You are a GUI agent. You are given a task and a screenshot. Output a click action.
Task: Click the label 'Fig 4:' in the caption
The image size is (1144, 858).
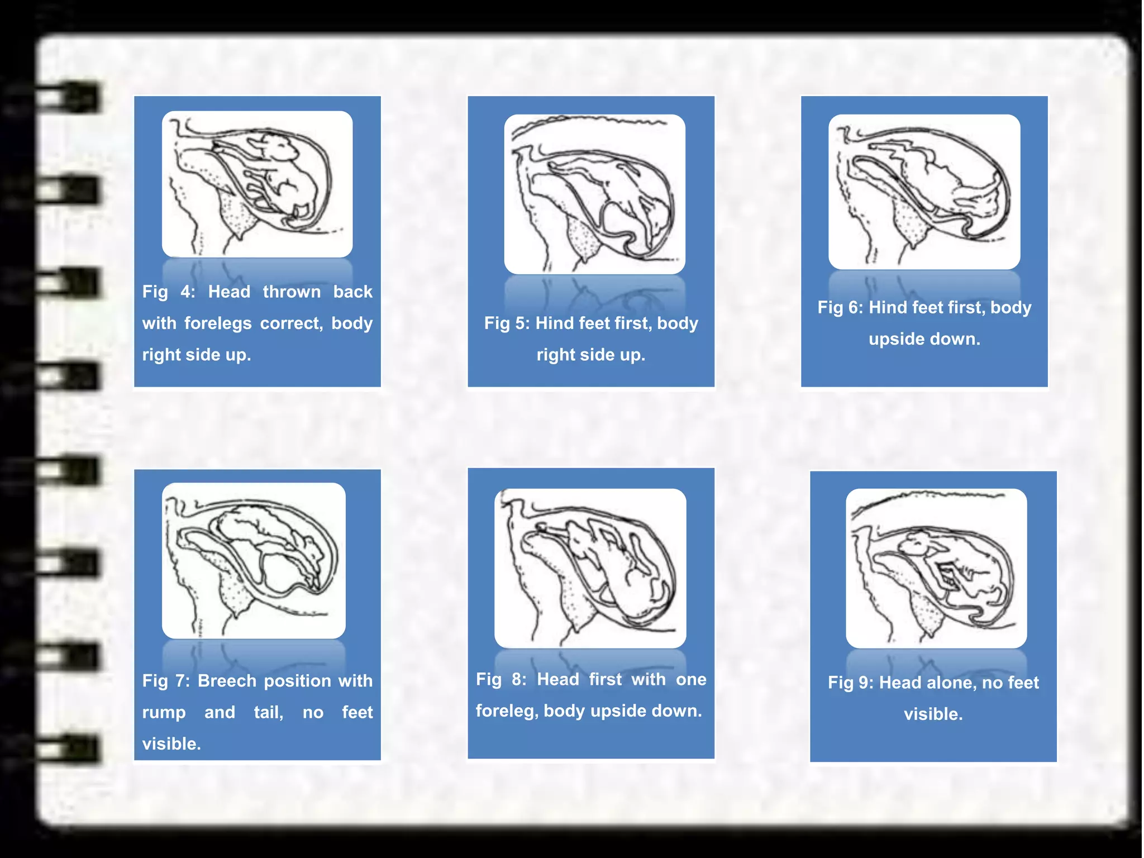168,292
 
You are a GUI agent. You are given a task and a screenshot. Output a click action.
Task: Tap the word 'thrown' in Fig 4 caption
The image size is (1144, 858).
292,292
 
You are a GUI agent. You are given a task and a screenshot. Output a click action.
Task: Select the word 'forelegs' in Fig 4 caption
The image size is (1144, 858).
218,323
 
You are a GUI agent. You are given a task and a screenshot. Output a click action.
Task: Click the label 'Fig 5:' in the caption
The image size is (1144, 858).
507,323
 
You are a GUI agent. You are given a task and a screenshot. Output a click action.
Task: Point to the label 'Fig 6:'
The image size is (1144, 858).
840,307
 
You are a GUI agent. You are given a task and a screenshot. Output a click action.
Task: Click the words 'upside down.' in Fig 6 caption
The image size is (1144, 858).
924,339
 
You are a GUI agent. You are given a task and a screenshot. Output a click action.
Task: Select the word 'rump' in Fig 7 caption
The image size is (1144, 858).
164,712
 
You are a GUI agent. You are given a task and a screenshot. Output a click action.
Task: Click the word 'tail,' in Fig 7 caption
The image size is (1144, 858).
269,712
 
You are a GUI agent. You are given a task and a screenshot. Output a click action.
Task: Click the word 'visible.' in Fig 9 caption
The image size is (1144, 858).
933,714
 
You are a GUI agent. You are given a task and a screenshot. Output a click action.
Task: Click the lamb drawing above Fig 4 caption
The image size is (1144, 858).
257,184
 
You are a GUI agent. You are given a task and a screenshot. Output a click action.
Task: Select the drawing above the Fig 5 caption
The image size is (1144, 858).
594,194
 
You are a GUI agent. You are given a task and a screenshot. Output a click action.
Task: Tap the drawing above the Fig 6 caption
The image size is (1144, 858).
924,192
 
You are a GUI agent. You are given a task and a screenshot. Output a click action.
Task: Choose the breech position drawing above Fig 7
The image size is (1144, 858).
254,560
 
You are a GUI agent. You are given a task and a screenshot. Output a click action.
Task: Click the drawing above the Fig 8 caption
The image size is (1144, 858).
590,568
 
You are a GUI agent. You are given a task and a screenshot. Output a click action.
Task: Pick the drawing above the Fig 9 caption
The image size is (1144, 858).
936,568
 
